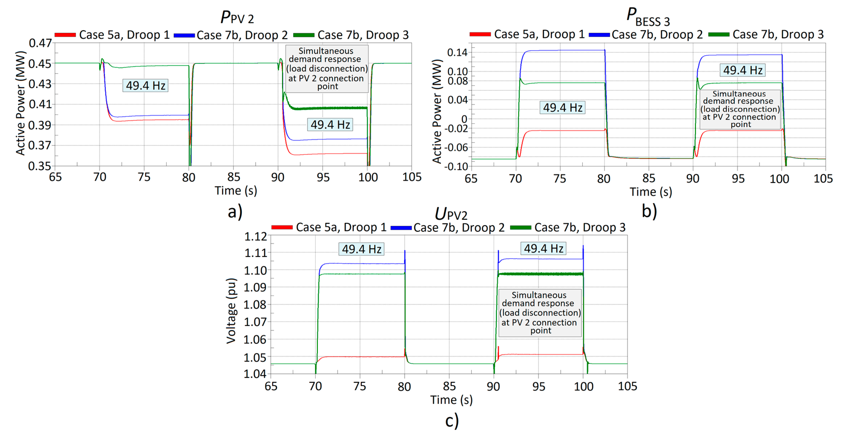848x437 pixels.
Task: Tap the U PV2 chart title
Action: (x=451, y=214)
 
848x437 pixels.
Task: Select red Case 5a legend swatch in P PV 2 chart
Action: (x=65, y=35)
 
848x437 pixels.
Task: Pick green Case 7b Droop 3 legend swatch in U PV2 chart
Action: (x=520, y=228)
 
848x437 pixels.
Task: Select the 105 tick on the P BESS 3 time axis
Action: (x=823, y=179)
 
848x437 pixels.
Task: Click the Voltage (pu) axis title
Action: (x=231, y=311)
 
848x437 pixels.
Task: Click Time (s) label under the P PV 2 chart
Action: (x=236, y=191)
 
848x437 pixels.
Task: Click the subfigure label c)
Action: (x=452, y=421)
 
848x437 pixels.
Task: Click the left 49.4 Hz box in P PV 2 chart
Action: (x=145, y=86)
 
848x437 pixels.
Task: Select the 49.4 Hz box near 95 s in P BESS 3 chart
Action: (x=742, y=70)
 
